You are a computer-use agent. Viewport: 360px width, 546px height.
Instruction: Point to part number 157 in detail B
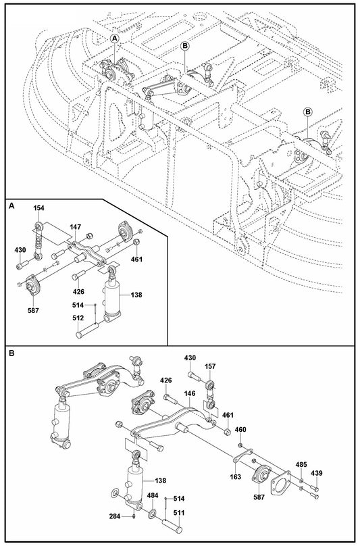210,366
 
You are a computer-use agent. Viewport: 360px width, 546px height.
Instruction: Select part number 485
301,466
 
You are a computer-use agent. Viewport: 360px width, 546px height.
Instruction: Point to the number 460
240,429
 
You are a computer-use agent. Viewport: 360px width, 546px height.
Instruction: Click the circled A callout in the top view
115,40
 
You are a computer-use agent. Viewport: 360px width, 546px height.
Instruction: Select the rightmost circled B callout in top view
307,111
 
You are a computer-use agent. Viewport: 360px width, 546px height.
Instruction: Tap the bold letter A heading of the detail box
11,206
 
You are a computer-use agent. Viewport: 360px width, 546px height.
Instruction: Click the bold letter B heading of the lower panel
11,353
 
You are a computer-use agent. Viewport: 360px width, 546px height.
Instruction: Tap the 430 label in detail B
190,357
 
